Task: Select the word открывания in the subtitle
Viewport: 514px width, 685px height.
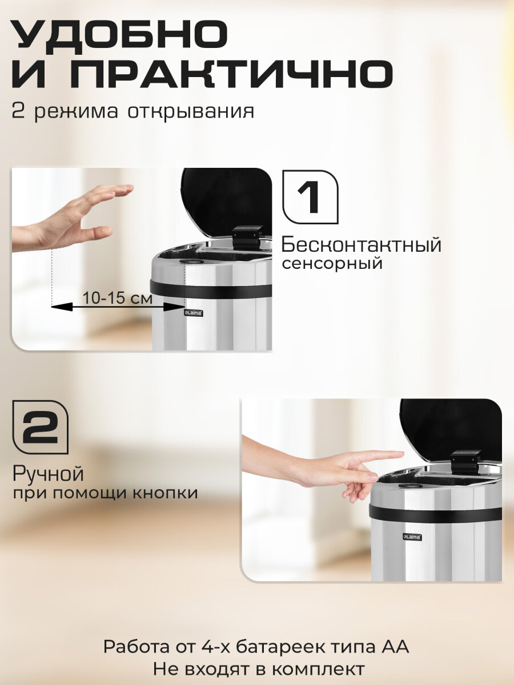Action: tap(191, 112)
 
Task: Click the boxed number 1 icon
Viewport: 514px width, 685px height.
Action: tap(310, 197)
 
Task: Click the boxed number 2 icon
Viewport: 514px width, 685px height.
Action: tap(40, 427)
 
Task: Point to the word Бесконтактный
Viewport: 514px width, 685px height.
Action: tap(362, 245)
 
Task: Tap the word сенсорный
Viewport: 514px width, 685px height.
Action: tap(332, 263)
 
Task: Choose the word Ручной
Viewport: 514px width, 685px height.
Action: tap(48, 474)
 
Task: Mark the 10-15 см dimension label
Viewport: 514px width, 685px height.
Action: tap(117, 298)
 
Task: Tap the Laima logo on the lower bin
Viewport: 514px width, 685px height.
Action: tap(412, 537)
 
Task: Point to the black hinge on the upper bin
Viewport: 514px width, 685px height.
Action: tap(246, 238)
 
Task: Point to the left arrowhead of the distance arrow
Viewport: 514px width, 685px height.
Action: tap(62, 307)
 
